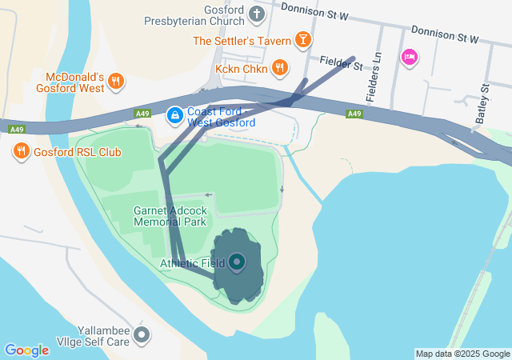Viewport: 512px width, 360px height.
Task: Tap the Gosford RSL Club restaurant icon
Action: tap(21, 150)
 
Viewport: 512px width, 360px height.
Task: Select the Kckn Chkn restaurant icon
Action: tap(279, 68)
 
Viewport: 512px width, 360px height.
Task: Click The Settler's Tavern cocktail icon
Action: tap(303, 39)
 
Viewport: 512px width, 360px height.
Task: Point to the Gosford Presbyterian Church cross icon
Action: tap(257, 13)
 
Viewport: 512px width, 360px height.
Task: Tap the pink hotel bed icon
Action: tap(410, 56)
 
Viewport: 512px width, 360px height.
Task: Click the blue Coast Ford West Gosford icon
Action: tap(174, 116)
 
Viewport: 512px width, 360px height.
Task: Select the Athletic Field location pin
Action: tap(237, 262)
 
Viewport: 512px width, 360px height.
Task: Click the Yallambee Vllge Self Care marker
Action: tap(142, 334)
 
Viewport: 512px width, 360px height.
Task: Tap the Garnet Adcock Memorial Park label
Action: tap(170, 216)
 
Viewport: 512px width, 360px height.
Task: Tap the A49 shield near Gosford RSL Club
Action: tap(16, 129)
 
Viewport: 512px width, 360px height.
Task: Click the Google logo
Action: tap(26, 350)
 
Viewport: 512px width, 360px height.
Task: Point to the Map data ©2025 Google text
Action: tap(462, 354)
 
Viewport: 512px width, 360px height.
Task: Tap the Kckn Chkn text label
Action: tap(242, 69)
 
